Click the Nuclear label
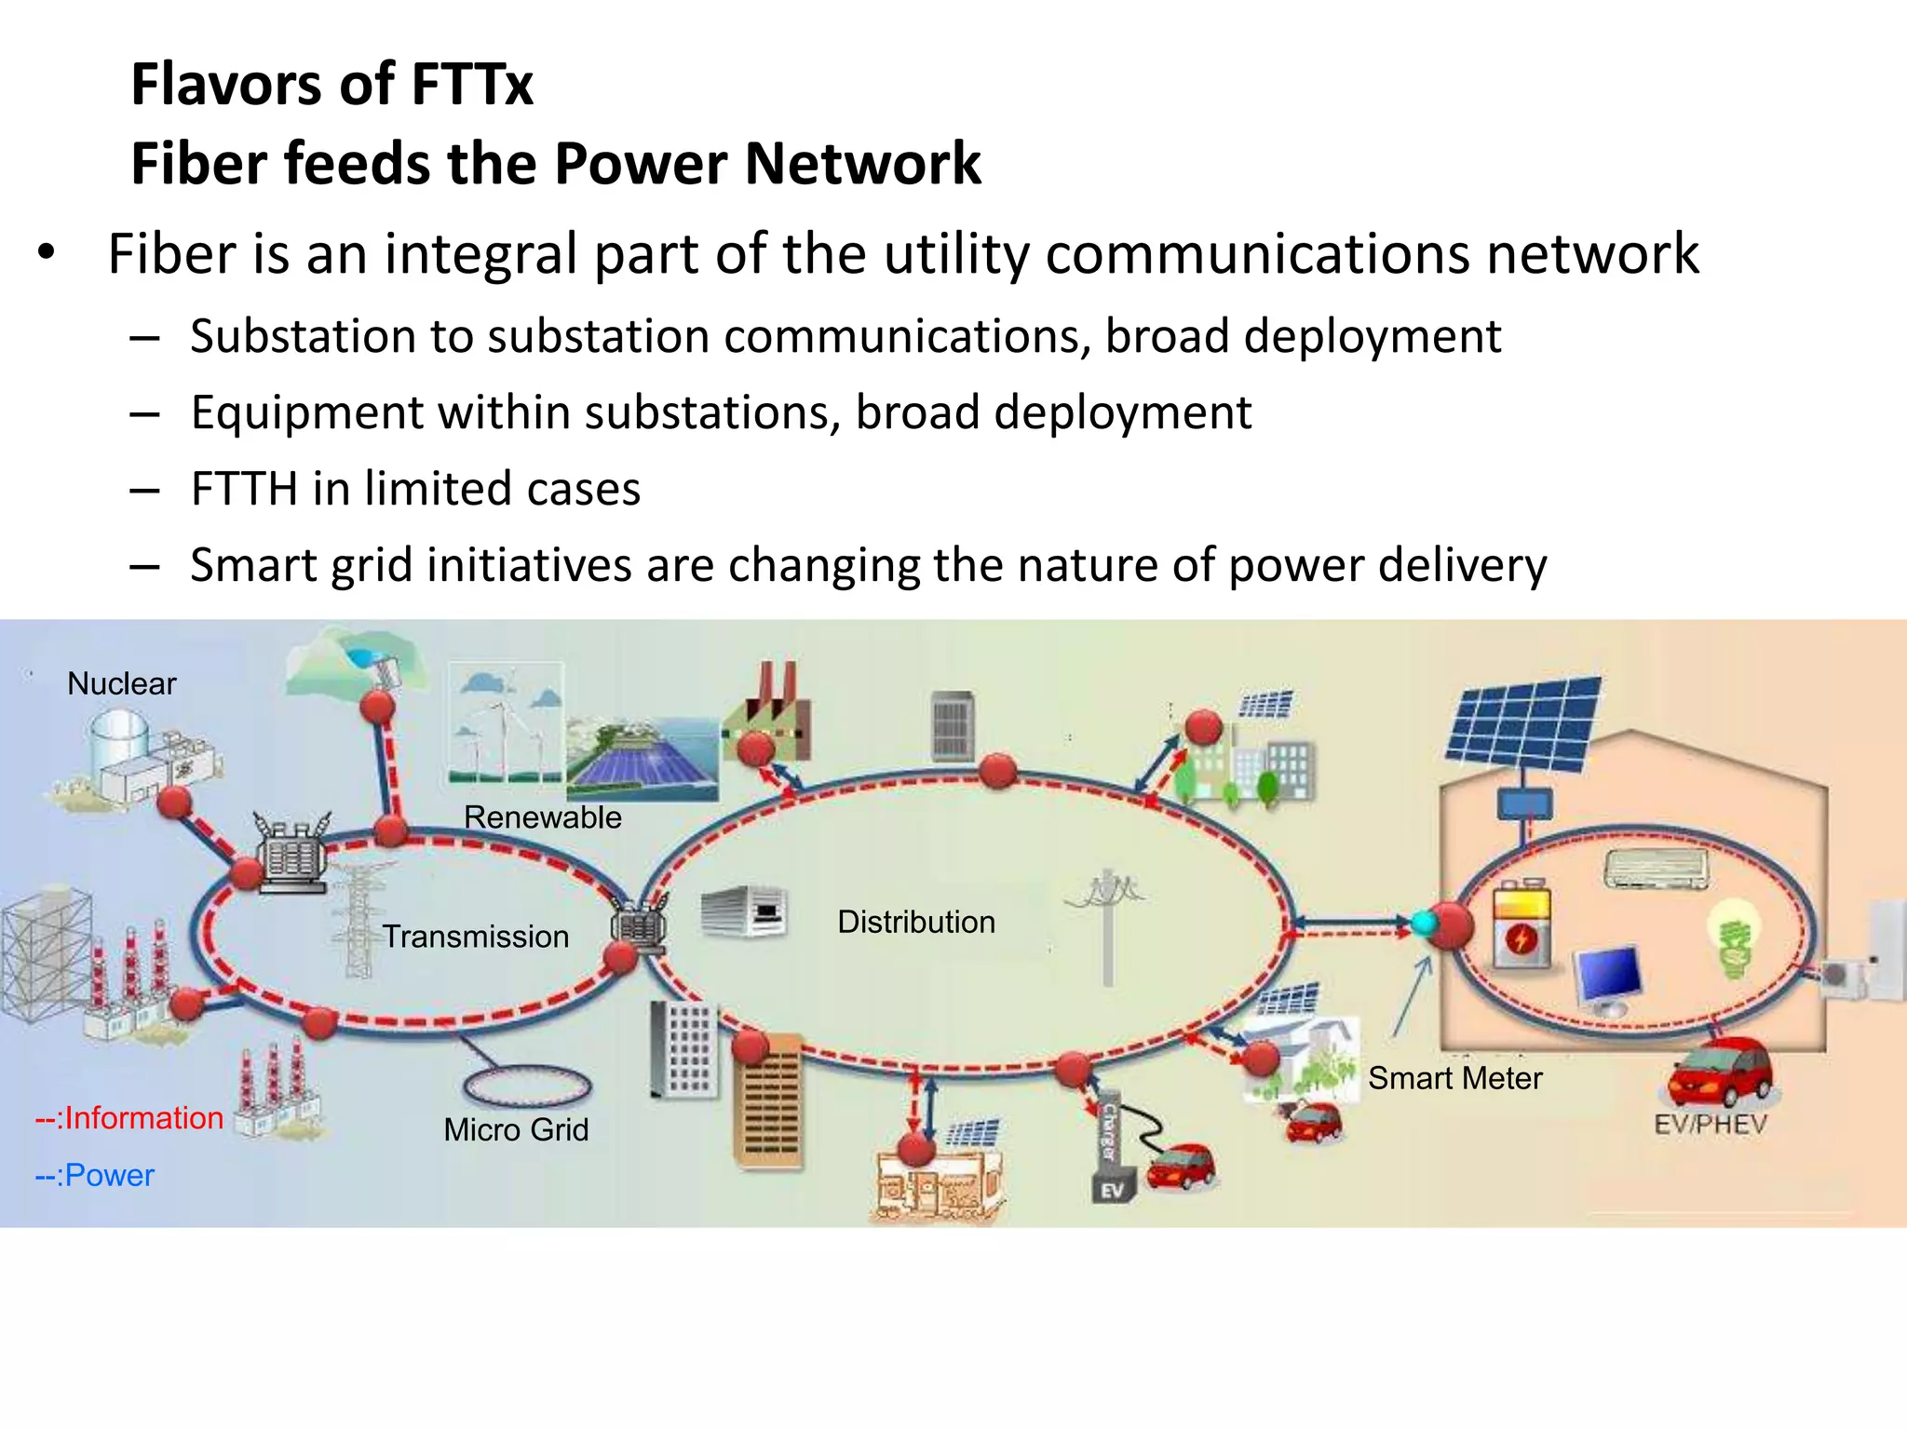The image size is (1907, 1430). pos(122,684)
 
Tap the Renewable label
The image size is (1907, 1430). pos(542,817)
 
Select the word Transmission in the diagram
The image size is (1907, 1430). pos(476,937)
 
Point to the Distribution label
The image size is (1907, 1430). pos(916,922)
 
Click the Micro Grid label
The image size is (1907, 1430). pos(516,1130)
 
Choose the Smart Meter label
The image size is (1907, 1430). pos(1454,1078)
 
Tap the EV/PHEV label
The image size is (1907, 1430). pos(1711,1125)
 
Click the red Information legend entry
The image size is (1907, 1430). pos(129,1118)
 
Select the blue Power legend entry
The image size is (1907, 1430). pos(95,1176)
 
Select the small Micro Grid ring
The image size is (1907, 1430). pos(527,1086)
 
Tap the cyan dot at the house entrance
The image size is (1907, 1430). pos(1424,924)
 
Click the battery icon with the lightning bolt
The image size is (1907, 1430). pos(1522,927)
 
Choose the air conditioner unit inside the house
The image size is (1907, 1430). pos(1657,868)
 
